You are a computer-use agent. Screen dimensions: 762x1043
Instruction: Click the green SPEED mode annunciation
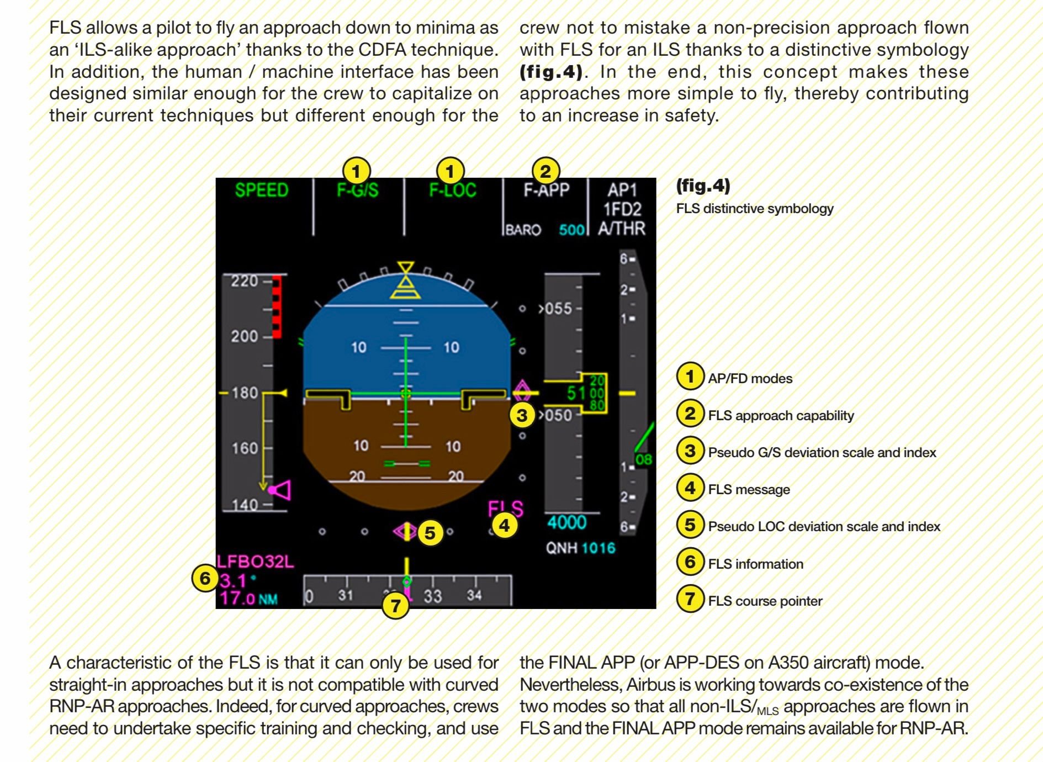[262, 190]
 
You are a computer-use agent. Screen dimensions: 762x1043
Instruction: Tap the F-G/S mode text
[358, 190]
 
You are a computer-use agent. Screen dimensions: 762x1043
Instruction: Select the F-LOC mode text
[453, 190]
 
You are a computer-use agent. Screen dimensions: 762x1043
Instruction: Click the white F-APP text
[547, 190]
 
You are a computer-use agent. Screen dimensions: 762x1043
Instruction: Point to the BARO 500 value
[571, 230]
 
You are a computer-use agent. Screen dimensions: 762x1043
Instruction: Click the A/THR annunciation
[622, 229]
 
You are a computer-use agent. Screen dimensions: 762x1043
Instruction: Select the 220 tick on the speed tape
[245, 281]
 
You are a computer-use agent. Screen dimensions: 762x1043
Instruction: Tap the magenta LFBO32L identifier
[255, 562]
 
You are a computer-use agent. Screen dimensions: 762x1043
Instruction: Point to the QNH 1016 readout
[580, 548]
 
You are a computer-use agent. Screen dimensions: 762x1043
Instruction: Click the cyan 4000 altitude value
[566, 522]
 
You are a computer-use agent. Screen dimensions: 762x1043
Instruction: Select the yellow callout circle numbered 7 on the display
[395, 606]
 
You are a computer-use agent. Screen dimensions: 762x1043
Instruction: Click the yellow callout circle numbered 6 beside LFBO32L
[205, 578]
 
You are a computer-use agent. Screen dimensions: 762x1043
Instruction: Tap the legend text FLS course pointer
[765, 601]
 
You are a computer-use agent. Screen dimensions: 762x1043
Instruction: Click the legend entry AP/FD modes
[750, 378]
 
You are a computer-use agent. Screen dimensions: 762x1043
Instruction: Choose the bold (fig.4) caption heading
[703, 186]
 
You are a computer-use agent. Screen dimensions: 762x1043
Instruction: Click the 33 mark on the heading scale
[433, 596]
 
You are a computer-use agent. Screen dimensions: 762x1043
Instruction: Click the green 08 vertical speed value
[643, 459]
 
